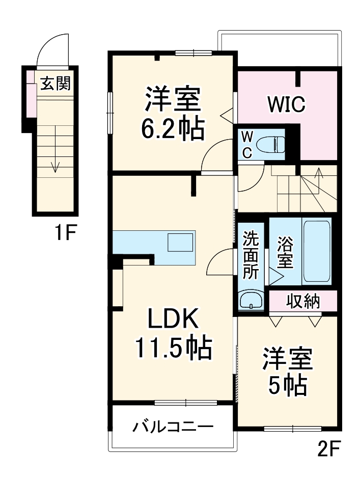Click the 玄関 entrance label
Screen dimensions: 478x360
[x=56, y=83]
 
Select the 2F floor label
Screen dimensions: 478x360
[x=328, y=449]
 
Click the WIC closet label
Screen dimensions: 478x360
[x=287, y=104]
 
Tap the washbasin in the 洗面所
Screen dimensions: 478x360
[x=251, y=300]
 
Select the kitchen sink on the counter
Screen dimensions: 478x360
[x=181, y=242]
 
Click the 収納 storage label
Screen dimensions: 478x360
[x=302, y=301]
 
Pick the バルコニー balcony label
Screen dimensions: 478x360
[x=173, y=427]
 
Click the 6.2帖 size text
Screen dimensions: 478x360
[x=173, y=130]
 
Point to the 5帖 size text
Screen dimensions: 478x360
[x=288, y=386]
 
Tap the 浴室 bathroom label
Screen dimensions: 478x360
[x=285, y=252]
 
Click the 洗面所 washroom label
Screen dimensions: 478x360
[x=251, y=255]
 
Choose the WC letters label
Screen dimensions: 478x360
[x=246, y=145]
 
